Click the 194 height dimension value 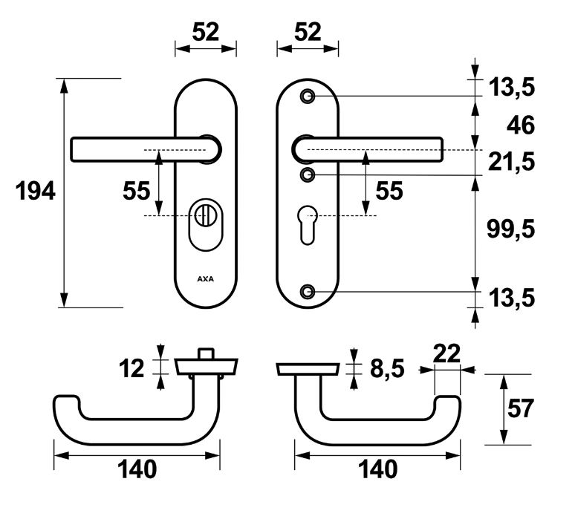(x=36, y=192)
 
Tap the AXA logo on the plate (x=204, y=279)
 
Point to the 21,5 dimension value (x=512, y=160)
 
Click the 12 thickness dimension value (x=133, y=368)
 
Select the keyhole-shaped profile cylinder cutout (x=308, y=226)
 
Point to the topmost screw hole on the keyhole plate (x=308, y=97)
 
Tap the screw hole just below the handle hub (x=308, y=174)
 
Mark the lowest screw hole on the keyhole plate (x=308, y=291)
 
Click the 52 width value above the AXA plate (x=206, y=31)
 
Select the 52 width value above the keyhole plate (x=308, y=31)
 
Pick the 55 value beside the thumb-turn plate (x=137, y=192)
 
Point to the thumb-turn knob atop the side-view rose (x=206, y=352)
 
